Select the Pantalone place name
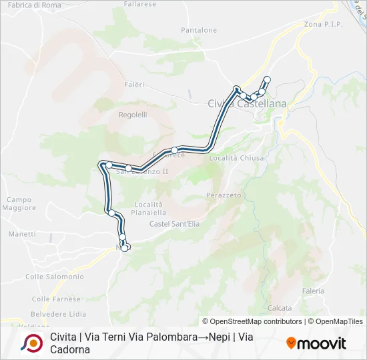(x=199, y=30)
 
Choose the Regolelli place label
(x=133, y=115)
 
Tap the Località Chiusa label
(x=237, y=158)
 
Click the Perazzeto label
(x=224, y=195)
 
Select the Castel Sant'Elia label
(x=175, y=223)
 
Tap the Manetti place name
(x=22, y=234)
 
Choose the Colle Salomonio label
(x=55, y=277)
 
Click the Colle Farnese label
(x=51, y=299)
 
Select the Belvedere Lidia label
(x=59, y=313)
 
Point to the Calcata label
(x=280, y=308)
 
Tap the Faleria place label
(x=313, y=291)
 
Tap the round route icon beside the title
(x=32, y=343)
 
